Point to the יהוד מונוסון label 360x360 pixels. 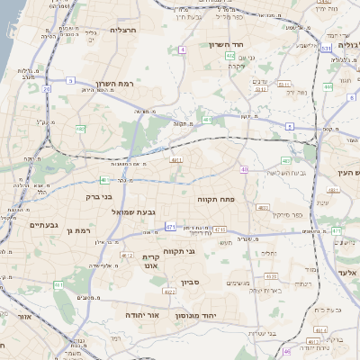[x=222, y=315]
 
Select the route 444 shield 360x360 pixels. [x=328, y=86]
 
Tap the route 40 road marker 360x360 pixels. [x=245, y=169]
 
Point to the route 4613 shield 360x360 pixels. [x=312, y=342]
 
